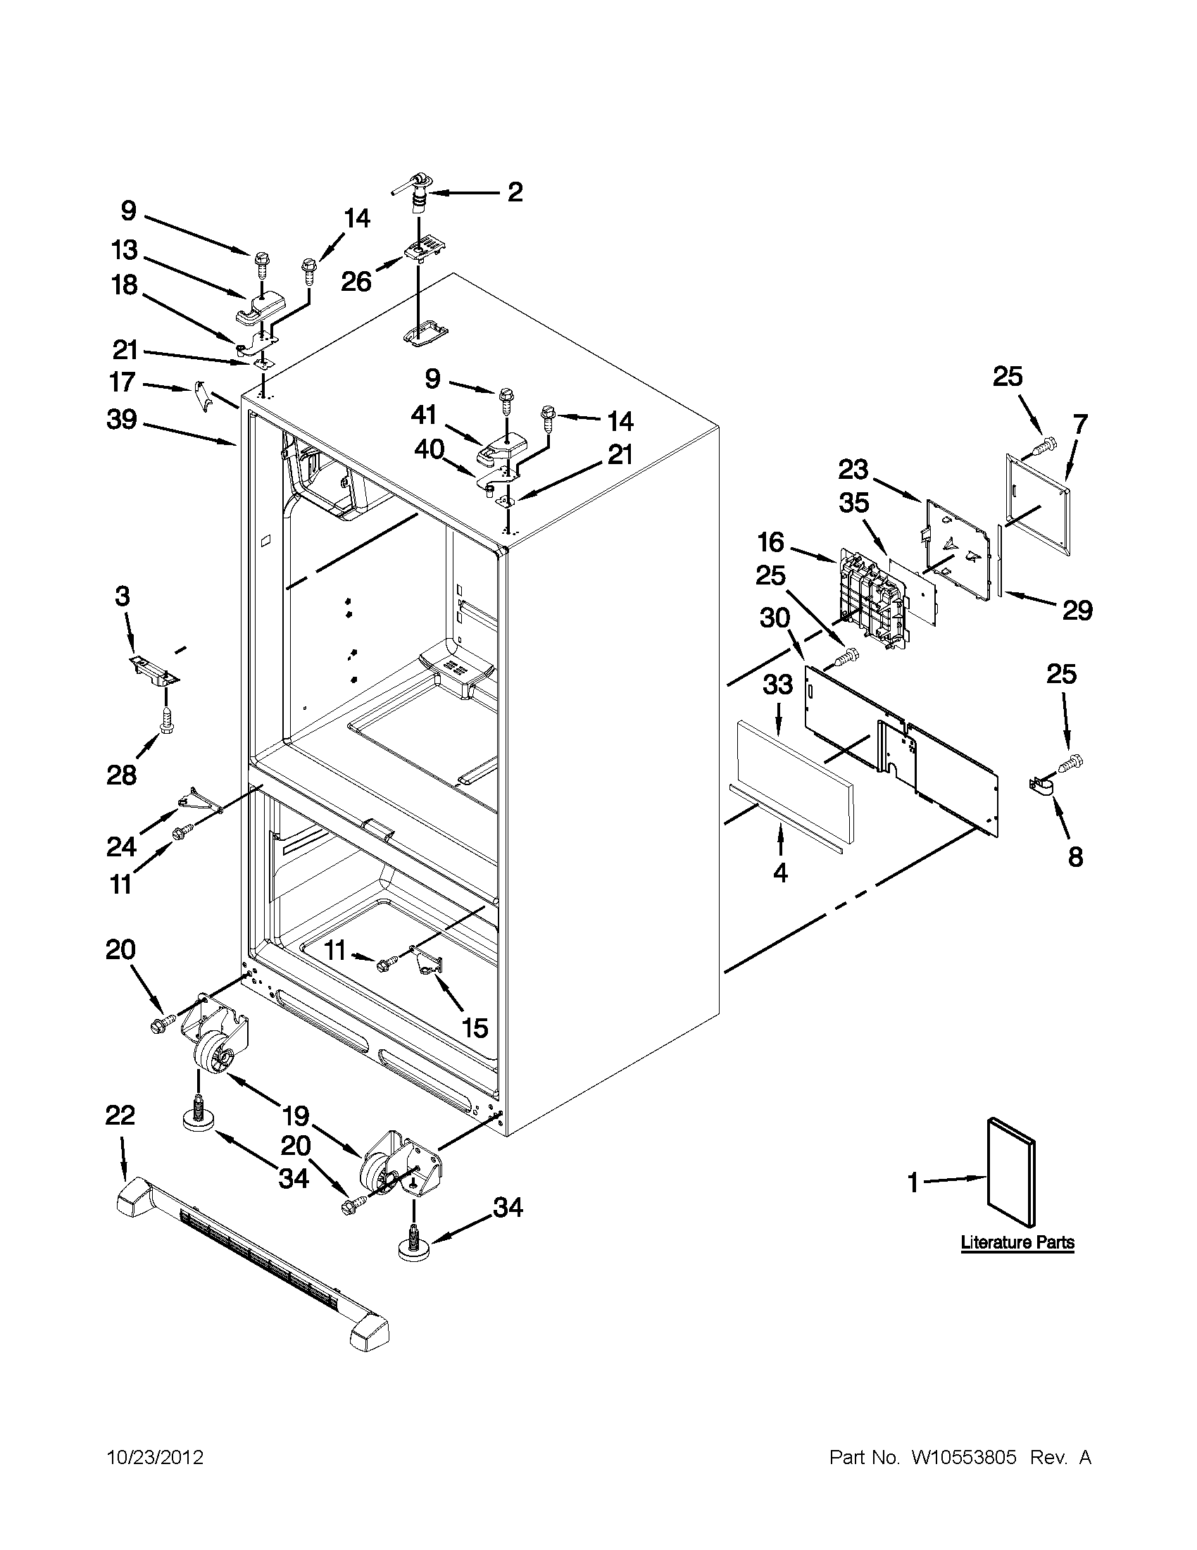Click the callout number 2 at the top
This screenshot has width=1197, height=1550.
click(515, 192)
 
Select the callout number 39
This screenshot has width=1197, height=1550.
click(121, 420)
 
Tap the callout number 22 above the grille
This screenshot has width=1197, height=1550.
click(120, 1115)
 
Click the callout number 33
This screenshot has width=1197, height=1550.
click(777, 686)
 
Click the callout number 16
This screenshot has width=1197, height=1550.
click(770, 543)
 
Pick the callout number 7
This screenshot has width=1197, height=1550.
click(1079, 424)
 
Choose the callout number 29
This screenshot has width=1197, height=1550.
click(1077, 610)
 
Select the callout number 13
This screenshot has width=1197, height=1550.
click(124, 251)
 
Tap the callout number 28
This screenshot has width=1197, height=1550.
click(121, 775)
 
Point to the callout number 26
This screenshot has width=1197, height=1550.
click(356, 282)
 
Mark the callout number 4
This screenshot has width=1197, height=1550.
click(779, 873)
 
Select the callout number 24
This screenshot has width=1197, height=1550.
click(121, 846)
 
